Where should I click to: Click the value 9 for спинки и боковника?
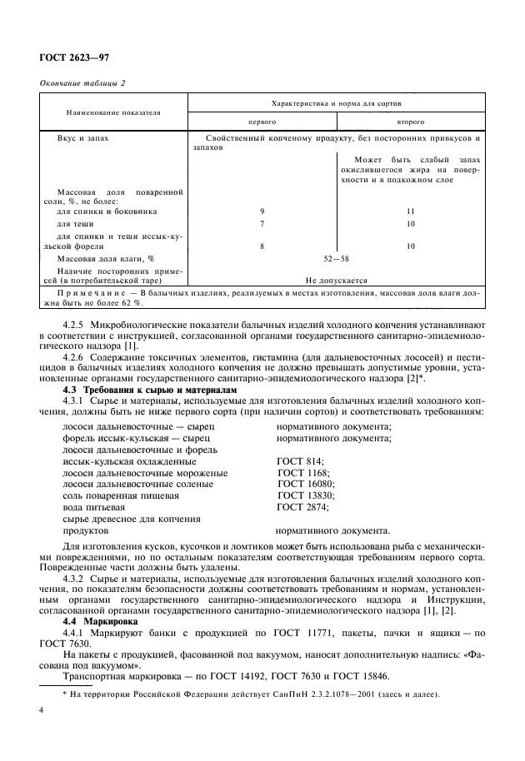pos(262,211)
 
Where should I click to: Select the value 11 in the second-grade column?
pos(410,211)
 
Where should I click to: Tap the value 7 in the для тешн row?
pos(262,224)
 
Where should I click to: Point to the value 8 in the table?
pos(262,246)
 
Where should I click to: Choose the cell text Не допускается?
pos(337,281)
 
